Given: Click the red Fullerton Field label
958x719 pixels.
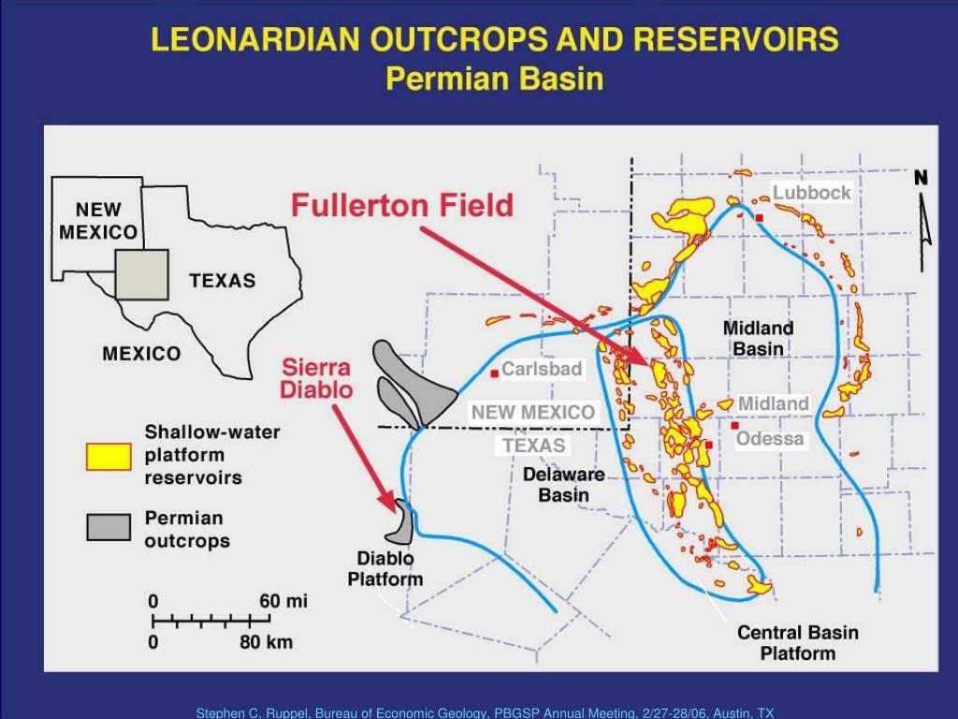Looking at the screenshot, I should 402,205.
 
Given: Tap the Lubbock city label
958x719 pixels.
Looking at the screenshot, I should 811,193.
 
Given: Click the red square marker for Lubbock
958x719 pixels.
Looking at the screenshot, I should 760,218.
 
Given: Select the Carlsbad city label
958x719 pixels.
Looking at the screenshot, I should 542,369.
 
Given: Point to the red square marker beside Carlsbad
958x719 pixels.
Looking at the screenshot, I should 494,374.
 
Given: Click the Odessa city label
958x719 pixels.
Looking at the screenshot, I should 770,438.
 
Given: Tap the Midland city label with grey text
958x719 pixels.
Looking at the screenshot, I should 773,403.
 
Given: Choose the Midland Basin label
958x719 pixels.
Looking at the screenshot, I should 758,338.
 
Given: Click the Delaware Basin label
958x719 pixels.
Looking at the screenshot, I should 563,484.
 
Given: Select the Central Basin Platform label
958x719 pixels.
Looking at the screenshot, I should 797,642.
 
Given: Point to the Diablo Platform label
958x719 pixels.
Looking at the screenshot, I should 385,568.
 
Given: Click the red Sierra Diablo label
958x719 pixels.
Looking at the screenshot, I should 317,377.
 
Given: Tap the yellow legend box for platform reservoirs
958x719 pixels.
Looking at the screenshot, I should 109,456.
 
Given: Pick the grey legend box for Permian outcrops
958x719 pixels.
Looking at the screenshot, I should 109,527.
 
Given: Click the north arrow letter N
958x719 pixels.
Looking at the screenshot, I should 921,178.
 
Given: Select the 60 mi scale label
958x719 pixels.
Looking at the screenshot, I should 283,601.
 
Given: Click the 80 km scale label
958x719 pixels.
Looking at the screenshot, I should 266,642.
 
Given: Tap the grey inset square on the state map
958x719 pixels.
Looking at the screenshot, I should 142,274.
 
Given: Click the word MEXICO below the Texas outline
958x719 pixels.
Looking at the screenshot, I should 141,353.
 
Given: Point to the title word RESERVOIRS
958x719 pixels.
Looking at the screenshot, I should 735,39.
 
